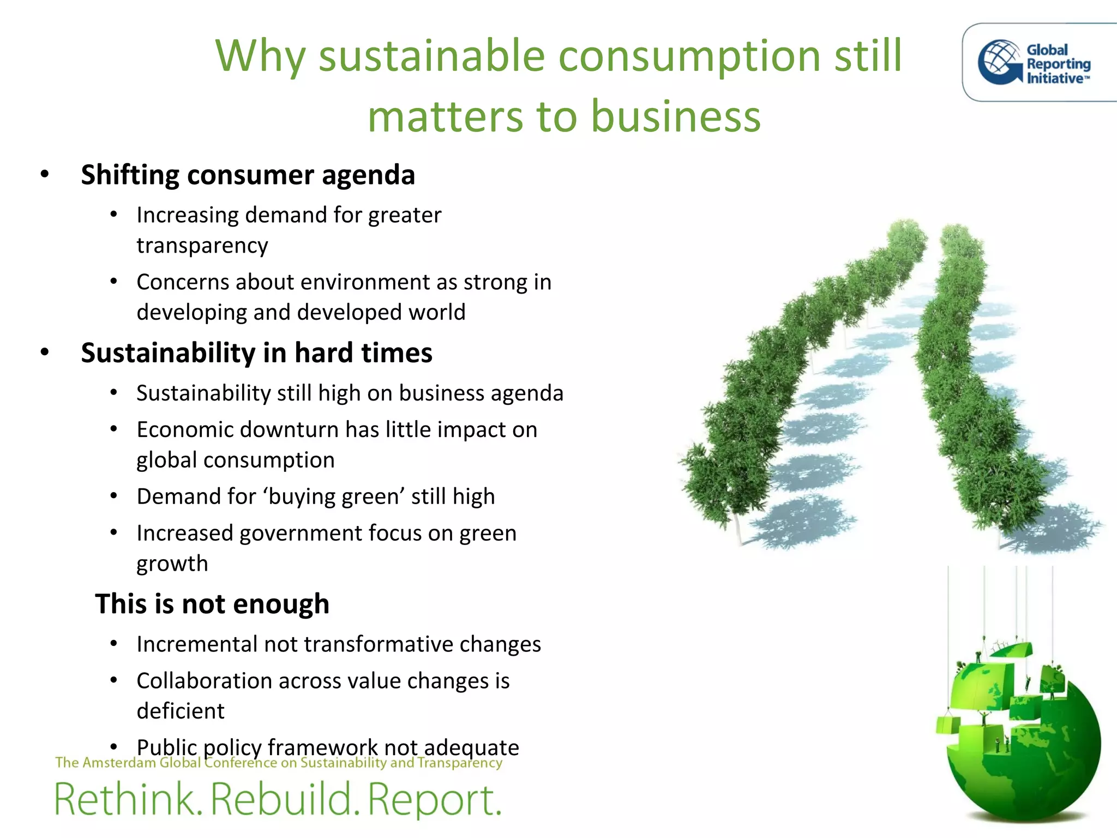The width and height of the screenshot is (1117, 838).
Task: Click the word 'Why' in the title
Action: pyautogui.click(x=260, y=57)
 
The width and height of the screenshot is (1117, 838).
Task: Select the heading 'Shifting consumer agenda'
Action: pyautogui.click(x=248, y=175)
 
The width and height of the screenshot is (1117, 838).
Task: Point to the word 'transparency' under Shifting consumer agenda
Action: pyautogui.click(x=202, y=246)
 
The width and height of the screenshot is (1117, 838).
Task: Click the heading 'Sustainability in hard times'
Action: pyautogui.click(x=256, y=353)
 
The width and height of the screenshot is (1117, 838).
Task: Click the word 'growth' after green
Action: pyautogui.click(x=172, y=564)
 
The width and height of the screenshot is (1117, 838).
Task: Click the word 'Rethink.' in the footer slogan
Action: pyautogui.click(x=129, y=799)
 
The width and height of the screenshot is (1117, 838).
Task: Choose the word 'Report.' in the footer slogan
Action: pyautogui.click(x=434, y=799)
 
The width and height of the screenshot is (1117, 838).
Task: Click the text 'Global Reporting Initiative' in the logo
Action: pyautogui.click(x=1058, y=64)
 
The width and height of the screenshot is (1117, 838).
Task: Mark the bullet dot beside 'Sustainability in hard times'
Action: pyautogui.click(x=45, y=352)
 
